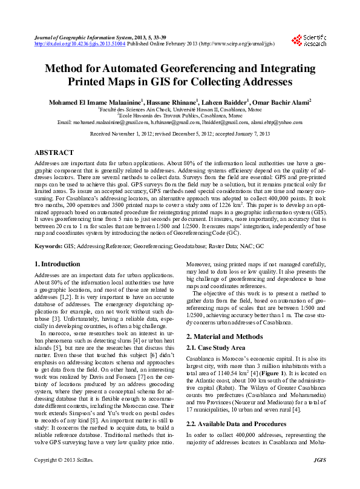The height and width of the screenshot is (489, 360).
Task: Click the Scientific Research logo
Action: pyautogui.click(x=309, y=41)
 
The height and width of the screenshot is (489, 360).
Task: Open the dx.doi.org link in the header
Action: pyautogui.click(x=80, y=44)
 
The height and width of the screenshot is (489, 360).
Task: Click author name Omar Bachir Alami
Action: pyautogui.click(x=280, y=102)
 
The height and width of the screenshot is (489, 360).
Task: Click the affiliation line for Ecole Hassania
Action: pyautogui.click(x=180, y=116)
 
